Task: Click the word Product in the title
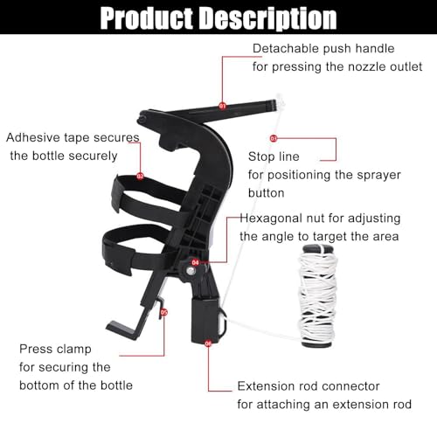pyautogui.click(x=147, y=18)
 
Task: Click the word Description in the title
pyautogui.click(x=269, y=18)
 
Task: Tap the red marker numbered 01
pyautogui.click(x=222, y=106)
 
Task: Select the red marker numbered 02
pyautogui.click(x=140, y=176)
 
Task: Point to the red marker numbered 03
pyautogui.click(x=274, y=138)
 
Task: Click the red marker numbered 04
pyautogui.click(x=195, y=262)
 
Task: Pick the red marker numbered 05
pyautogui.click(x=164, y=312)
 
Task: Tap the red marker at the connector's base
pyautogui.click(x=208, y=343)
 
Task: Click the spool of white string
pyautogui.click(x=317, y=296)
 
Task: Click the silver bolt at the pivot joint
pyautogui.click(x=191, y=272)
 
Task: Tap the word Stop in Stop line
pyautogui.click(x=261, y=156)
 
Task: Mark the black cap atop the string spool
pyautogui.click(x=318, y=249)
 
